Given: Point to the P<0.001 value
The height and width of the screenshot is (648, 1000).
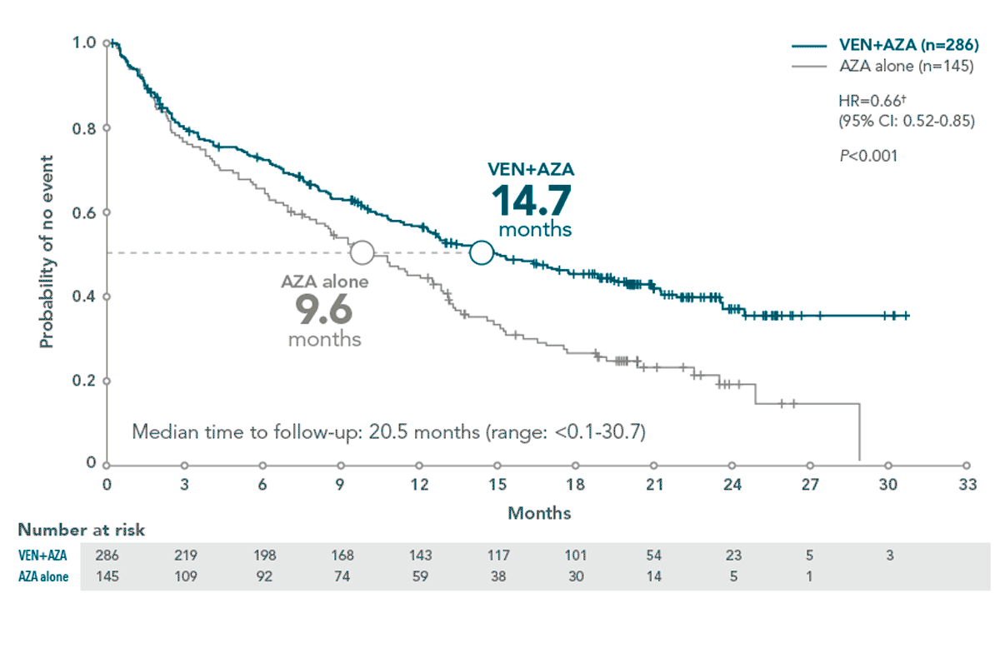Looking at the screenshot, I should pyautogui.click(x=868, y=154).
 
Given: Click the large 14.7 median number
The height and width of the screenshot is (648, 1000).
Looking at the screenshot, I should pyautogui.click(x=530, y=201).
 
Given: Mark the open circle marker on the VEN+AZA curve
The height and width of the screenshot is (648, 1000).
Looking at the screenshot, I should pyautogui.click(x=482, y=252).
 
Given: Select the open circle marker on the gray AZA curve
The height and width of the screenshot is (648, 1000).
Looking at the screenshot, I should pyautogui.click(x=362, y=252).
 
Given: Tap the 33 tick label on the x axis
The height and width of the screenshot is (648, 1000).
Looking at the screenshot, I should pyautogui.click(x=967, y=485).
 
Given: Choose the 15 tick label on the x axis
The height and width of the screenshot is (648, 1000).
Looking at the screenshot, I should pyautogui.click(x=497, y=485).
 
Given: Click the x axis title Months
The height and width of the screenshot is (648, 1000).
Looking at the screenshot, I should pyautogui.click(x=539, y=512).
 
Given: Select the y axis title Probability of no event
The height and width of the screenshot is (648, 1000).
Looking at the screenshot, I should pyautogui.click(x=47, y=252).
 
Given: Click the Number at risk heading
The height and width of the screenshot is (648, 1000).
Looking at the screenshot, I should pyautogui.click(x=82, y=531).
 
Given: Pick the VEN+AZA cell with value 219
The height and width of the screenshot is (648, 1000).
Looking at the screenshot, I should pyautogui.click(x=185, y=555).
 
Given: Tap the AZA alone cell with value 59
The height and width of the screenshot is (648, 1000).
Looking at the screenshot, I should pyautogui.click(x=419, y=576).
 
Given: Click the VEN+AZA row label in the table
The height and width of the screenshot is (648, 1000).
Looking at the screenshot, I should pyautogui.click(x=42, y=555).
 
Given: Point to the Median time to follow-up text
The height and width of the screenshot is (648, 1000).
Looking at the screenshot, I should pyautogui.click(x=390, y=432).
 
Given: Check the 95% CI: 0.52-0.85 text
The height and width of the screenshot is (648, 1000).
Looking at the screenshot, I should pyautogui.click(x=906, y=120).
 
